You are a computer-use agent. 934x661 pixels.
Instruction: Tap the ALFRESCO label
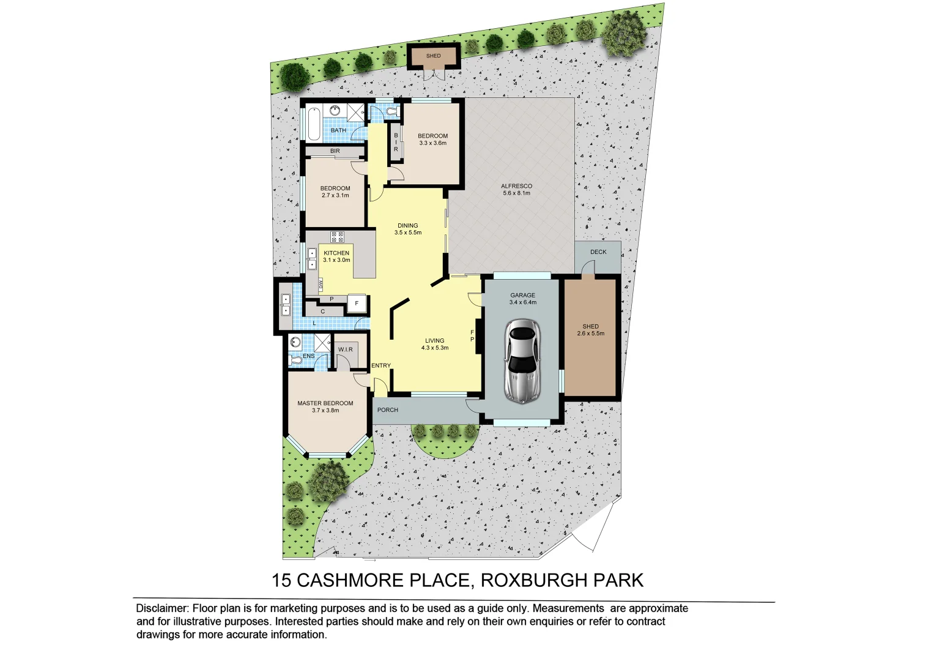pos(516,186)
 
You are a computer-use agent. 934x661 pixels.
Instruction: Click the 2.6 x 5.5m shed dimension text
pos(590,334)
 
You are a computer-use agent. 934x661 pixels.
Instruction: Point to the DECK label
pos(598,252)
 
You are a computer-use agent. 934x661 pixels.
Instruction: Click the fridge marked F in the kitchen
pos(357,304)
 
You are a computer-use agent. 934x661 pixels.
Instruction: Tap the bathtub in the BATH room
pos(313,124)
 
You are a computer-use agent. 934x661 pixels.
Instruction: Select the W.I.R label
pos(346,349)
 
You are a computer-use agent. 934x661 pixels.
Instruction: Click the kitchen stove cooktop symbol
pos(337,237)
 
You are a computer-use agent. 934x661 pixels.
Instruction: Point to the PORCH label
pos(388,410)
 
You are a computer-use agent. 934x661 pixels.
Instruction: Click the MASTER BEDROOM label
pos(325,403)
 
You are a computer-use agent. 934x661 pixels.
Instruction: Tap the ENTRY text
pos(381,365)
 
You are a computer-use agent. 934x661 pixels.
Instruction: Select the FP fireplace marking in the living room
pos(472,336)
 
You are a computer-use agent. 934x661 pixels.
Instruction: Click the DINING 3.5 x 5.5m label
pos(408,229)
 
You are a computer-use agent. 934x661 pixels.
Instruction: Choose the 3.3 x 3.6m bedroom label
pos(432,143)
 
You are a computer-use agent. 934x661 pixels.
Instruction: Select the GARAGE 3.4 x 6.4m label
pos(523,299)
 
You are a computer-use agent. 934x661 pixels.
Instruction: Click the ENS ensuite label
pos(309,356)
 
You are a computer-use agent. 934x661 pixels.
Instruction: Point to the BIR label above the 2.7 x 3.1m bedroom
pos(335,151)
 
